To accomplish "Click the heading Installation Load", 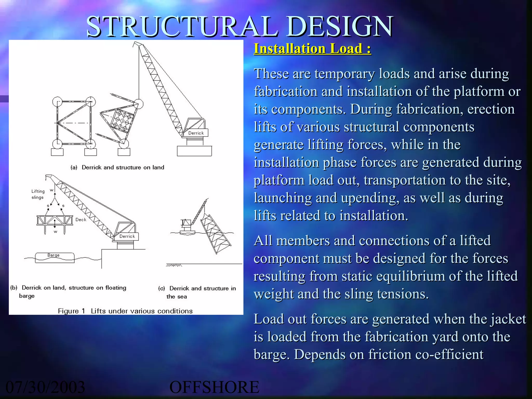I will point(312,49).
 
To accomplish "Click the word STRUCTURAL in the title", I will point(182,26).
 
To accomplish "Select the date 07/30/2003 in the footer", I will point(45,387).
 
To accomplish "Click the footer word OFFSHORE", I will point(214,387).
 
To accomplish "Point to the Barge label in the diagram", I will point(54,255).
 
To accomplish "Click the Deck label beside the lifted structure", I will point(81,220).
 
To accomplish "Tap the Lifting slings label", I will point(38,194).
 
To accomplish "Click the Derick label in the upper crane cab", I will point(196,133).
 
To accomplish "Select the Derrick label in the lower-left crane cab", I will point(127,236).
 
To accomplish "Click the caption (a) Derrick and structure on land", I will point(117,168).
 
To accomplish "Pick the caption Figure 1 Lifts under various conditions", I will point(125,311).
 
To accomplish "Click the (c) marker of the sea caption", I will point(162,289).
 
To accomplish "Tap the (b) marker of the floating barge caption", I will point(14,288).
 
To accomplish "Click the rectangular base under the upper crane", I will point(194,151).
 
